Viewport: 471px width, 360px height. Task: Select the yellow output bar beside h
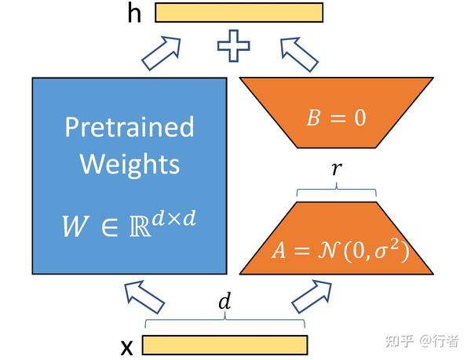pyautogui.click(x=239, y=12)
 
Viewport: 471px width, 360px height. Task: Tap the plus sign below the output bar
pyautogui.click(x=234, y=45)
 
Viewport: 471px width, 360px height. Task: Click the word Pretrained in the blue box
pyautogui.click(x=130, y=126)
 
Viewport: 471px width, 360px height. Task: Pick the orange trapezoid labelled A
pyautogui.click(x=336, y=238)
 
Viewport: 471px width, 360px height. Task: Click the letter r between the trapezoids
pyautogui.click(x=335, y=168)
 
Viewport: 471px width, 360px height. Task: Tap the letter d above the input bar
pyautogui.click(x=224, y=301)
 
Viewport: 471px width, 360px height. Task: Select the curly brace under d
pyautogui.click(x=224, y=320)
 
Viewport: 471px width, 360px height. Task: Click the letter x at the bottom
pyautogui.click(x=128, y=345)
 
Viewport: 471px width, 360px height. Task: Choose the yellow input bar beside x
pyautogui.click(x=225, y=345)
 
